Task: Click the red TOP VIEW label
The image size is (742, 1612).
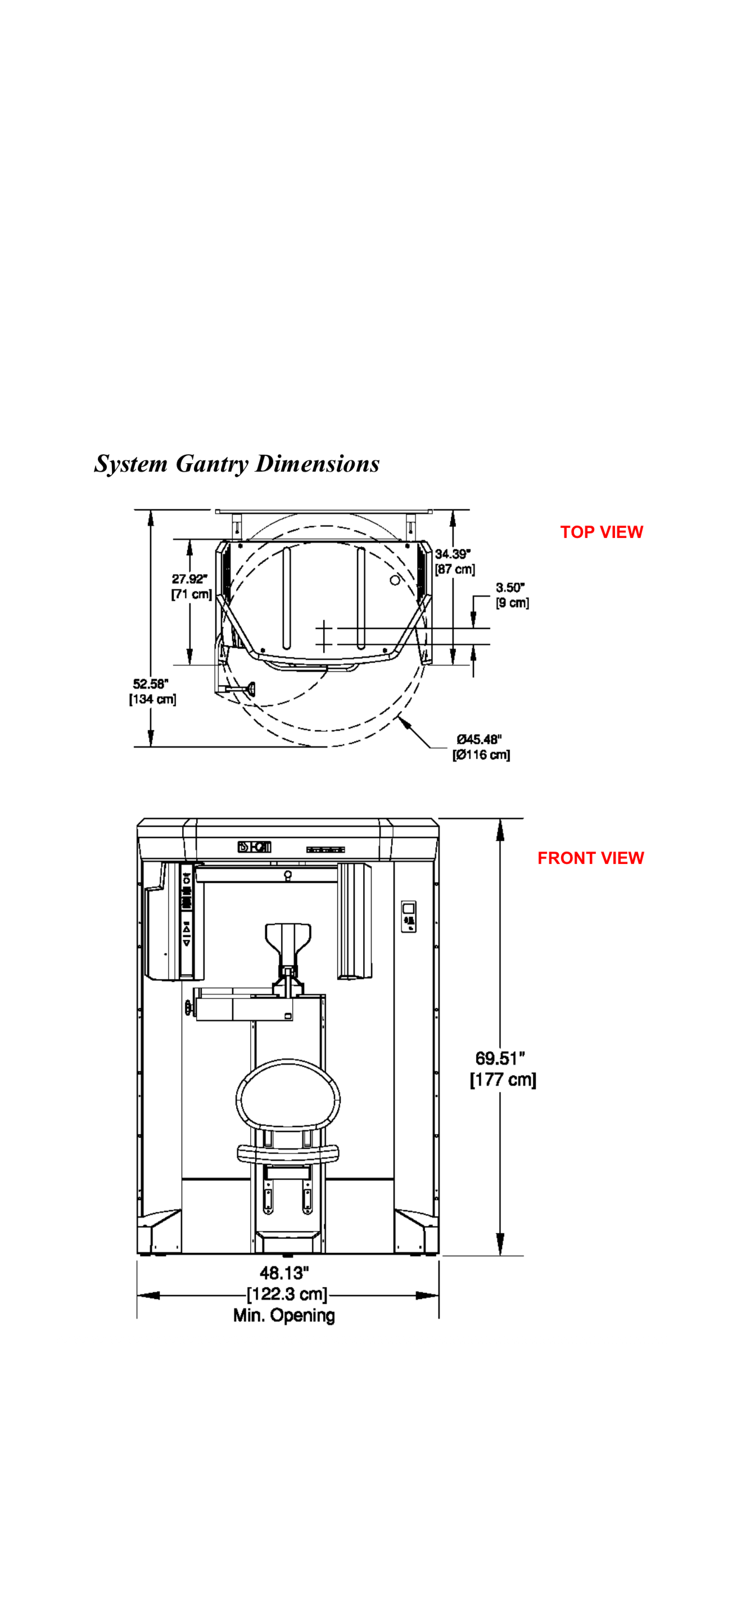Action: [601, 532]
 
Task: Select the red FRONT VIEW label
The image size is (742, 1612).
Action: [591, 858]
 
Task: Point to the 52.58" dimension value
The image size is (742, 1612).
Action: [151, 684]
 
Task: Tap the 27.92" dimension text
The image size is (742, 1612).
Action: [189, 579]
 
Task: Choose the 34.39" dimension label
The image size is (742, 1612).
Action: [453, 554]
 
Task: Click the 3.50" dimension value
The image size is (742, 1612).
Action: [510, 587]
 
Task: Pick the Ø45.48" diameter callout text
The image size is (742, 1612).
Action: [479, 740]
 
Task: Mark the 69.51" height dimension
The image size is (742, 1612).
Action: [500, 1058]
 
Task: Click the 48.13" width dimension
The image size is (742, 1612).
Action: [284, 1273]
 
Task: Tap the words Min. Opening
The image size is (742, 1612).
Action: [284, 1315]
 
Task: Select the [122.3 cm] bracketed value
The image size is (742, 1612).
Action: [287, 1294]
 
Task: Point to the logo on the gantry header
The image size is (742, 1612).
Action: [255, 847]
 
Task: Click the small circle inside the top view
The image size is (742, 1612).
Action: [395, 580]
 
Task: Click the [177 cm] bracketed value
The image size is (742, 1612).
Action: [503, 1080]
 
